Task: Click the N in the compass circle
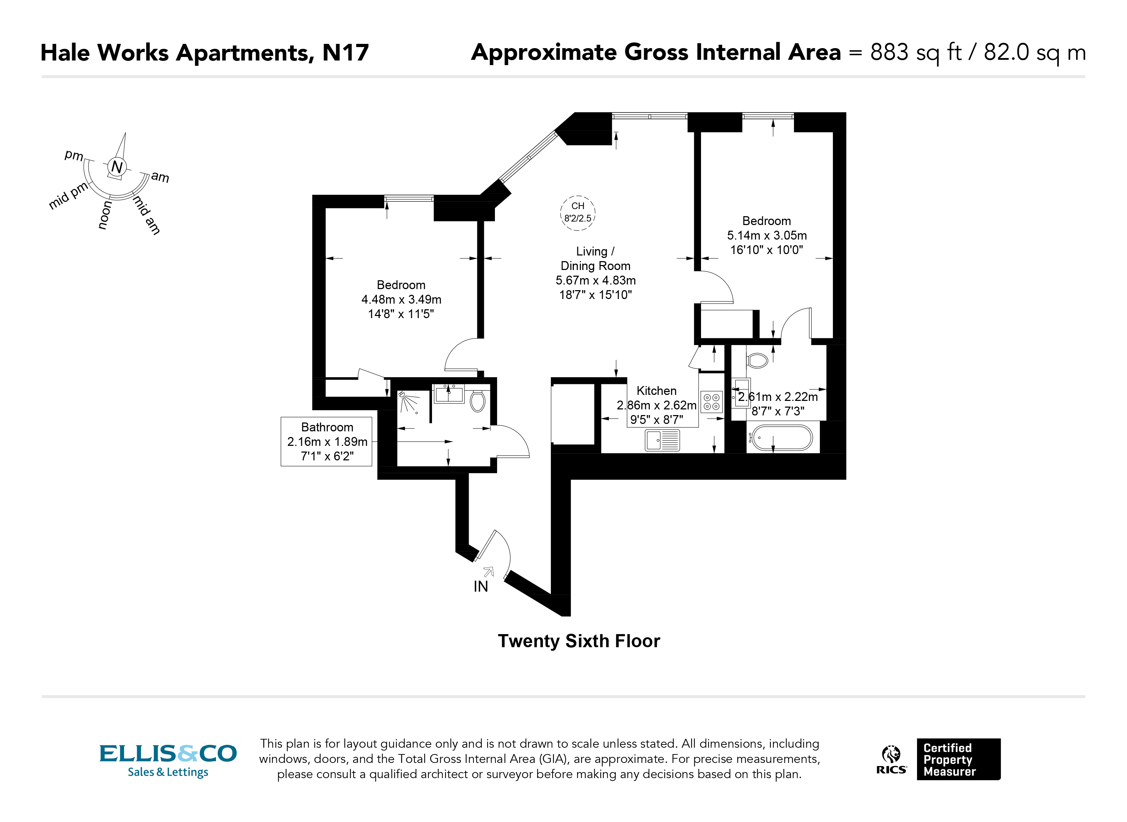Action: [x=117, y=167]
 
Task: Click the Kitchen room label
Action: [x=656, y=391]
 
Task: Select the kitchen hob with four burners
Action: [x=711, y=402]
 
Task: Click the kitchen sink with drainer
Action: [x=662, y=440]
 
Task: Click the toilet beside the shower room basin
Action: [x=477, y=401]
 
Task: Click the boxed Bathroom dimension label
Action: [x=327, y=441]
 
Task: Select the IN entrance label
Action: [x=480, y=587]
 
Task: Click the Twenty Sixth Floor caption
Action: [x=579, y=641]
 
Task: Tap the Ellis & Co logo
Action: [x=168, y=760]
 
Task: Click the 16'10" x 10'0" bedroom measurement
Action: [x=766, y=250]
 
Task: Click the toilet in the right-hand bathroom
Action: [x=758, y=360]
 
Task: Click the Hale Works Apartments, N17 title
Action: [x=204, y=53]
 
